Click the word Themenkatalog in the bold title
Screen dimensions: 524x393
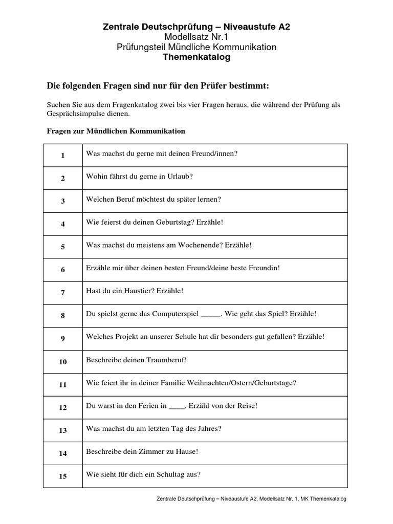[196, 57]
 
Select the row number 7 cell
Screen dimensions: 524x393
[63, 292]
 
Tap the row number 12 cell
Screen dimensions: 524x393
[63, 408]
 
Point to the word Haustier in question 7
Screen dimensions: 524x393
[137, 291]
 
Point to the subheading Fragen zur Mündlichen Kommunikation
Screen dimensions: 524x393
[116, 131]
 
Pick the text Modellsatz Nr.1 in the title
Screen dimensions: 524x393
[196, 37]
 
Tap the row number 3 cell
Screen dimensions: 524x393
[63, 201]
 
